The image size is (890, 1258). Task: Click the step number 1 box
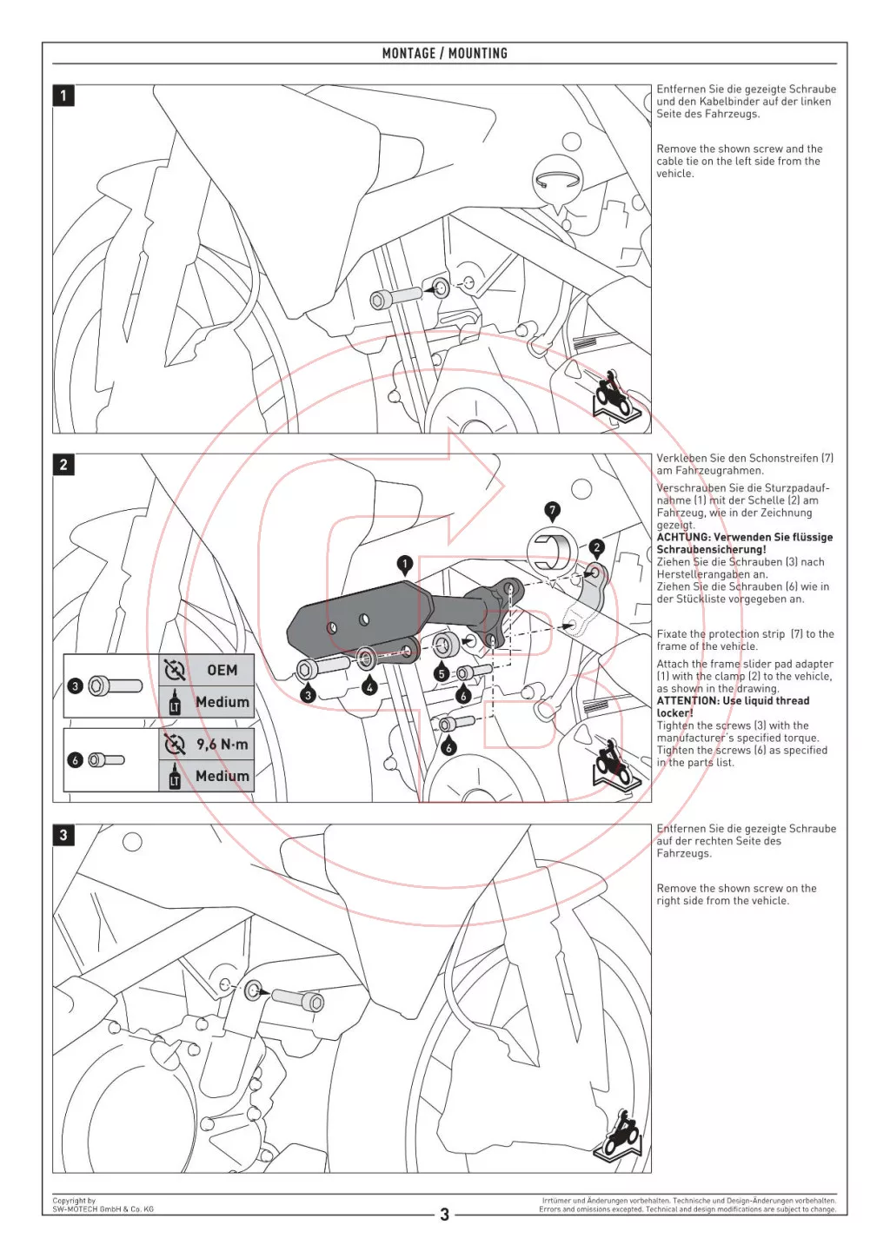click(x=63, y=95)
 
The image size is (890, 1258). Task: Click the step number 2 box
click(x=63, y=465)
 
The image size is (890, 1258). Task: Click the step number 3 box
click(x=63, y=835)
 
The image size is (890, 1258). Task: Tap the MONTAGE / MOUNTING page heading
click(x=444, y=53)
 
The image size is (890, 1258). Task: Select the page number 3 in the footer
click(x=444, y=1215)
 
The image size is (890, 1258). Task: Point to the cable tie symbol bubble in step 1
click(x=556, y=182)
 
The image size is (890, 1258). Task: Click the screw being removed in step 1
click(x=395, y=297)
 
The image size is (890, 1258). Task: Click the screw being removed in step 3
click(x=298, y=999)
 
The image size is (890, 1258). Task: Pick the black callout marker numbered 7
click(x=552, y=510)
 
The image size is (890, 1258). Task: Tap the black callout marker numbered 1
click(x=404, y=564)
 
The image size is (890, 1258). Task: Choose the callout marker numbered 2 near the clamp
click(x=596, y=547)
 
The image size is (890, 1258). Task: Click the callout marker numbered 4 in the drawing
click(x=370, y=687)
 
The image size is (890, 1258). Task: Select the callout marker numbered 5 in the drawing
click(x=442, y=673)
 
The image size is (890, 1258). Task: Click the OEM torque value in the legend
click(x=222, y=670)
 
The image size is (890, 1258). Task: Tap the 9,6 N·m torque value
click(x=222, y=745)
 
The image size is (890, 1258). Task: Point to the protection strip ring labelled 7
click(x=551, y=551)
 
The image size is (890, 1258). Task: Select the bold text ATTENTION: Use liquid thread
click(x=733, y=701)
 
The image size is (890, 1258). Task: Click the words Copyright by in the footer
click(x=74, y=1201)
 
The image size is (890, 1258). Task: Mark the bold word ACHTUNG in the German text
click(x=682, y=538)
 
